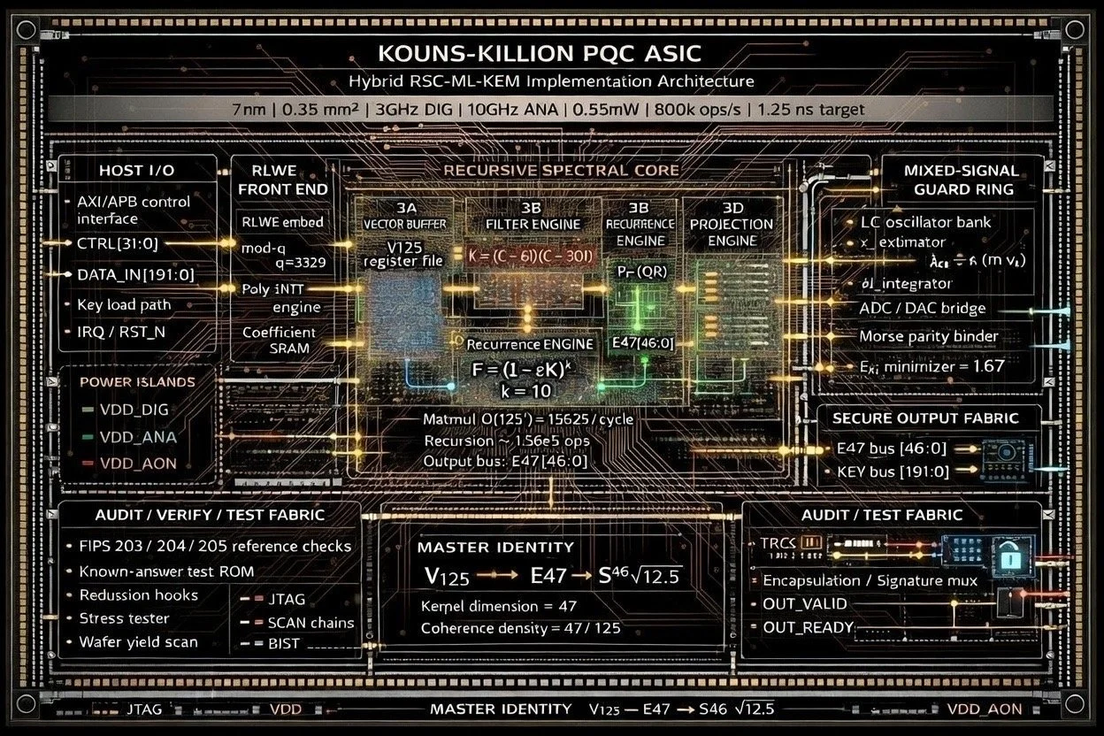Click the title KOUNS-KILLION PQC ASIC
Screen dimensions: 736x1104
pos(552,52)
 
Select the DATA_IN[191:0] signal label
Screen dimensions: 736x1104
pos(136,275)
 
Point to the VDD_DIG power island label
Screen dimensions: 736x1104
pos(134,410)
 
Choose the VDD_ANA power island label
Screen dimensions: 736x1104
pos(137,437)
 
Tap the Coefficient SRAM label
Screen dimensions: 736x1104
pos(279,340)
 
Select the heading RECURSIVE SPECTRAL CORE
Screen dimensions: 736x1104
pos(561,170)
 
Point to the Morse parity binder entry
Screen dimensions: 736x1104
pos(928,336)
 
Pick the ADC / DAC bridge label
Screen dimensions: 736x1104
pos(922,308)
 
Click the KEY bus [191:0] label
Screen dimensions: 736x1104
pos(893,471)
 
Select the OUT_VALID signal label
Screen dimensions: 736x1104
pos(804,604)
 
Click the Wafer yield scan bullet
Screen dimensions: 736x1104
pos(138,642)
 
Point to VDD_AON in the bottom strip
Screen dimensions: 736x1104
pos(984,709)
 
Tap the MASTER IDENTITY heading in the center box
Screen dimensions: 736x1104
pos(495,547)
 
